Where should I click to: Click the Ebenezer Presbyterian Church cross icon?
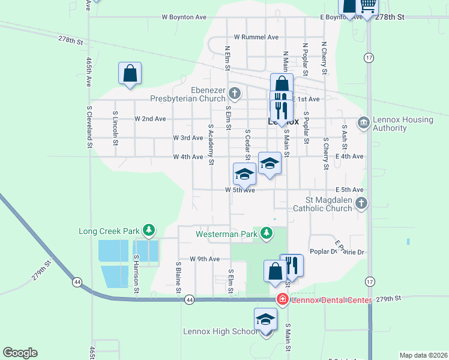pos(235,93)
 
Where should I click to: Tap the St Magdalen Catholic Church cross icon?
pos(361,203)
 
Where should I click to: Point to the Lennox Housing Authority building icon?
pos(363,123)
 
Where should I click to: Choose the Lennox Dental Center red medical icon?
pos(281,299)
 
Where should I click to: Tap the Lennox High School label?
pos(220,332)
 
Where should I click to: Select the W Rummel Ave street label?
pos(256,37)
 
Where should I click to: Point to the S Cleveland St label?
pos(89,127)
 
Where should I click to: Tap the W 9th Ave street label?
pos(205,259)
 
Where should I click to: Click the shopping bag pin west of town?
pos(130,74)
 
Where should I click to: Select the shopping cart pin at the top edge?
pos(367,5)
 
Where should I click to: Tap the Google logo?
pos(20,353)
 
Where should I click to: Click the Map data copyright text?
pos(423,355)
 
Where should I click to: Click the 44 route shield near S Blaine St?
pos(190,299)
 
